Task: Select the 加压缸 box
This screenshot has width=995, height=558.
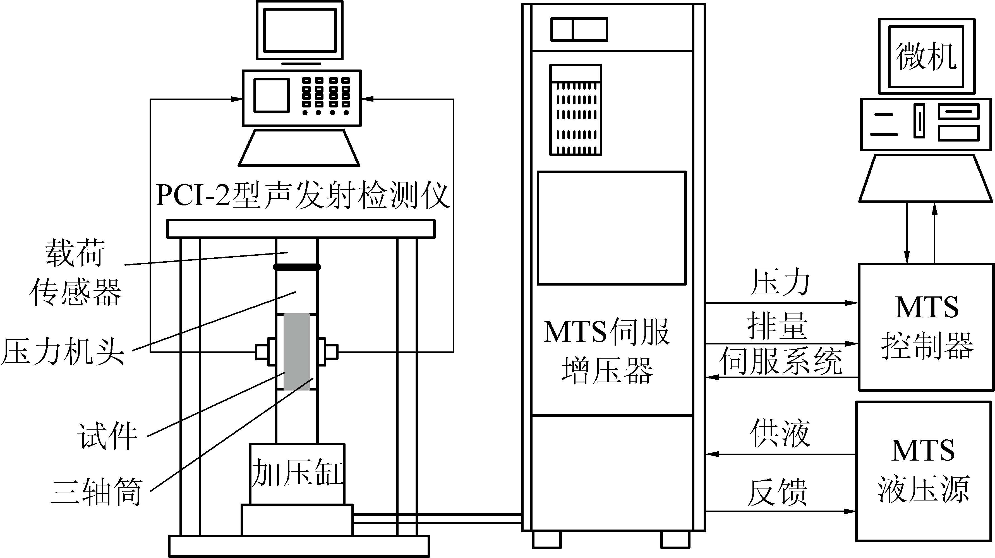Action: tap(297, 473)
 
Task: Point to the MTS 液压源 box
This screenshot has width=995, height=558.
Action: tap(923, 471)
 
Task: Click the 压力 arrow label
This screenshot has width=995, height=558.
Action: tap(780, 282)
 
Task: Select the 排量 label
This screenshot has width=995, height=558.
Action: tap(777, 326)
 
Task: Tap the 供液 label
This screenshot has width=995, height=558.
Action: tap(780, 434)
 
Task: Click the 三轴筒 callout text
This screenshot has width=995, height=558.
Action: tap(97, 492)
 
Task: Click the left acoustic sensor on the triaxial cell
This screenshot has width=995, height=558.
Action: tap(265, 352)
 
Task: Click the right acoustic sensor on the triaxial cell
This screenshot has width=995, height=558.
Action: tap(328, 352)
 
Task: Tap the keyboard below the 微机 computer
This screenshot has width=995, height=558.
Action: tap(925, 179)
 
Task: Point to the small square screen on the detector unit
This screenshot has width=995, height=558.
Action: tap(272, 95)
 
